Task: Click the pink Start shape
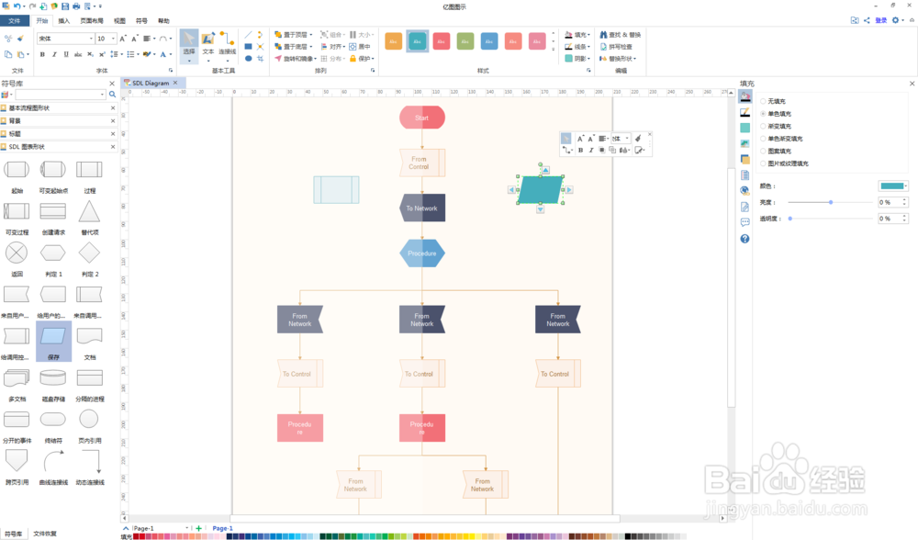(422, 118)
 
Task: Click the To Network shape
(422, 208)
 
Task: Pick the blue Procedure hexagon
(422, 253)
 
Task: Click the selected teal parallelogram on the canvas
(541, 189)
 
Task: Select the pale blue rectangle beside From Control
(336, 189)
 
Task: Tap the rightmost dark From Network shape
(558, 319)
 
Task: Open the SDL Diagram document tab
(151, 83)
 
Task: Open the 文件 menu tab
(15, 20)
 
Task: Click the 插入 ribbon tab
(63, 20)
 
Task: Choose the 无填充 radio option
(763, 101)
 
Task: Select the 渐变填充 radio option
(763, 126)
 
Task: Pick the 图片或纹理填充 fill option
(763, 163)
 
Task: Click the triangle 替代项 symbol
(89, 213)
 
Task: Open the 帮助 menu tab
(163, 20)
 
